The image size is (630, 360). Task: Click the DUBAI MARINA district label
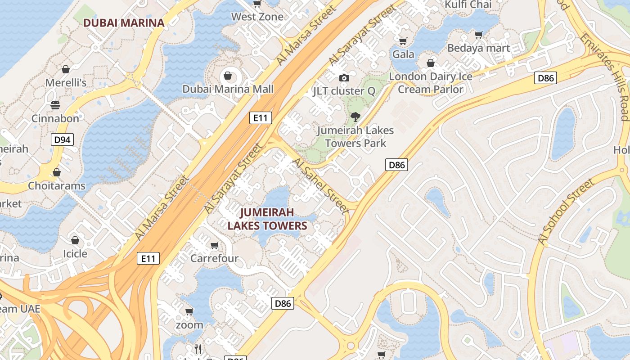[x=124, y=22]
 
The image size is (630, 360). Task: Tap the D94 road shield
[x=62, y=139]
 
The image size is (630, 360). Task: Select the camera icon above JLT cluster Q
[x=344, y=78]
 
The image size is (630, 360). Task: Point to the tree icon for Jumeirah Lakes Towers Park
[x=355, y=117]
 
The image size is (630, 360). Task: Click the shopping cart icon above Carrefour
[x=215, y=246]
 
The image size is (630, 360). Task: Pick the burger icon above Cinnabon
[x=55, y=105]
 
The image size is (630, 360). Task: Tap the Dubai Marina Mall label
[x=228, y=89]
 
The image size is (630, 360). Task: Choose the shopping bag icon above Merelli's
[x=66, y=69]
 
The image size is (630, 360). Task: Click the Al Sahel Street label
[x=320, y=185]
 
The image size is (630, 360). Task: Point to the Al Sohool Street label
[x=566, y=211]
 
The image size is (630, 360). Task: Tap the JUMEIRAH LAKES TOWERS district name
[x=267, y=219]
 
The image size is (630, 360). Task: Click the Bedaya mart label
[x=478, y=48]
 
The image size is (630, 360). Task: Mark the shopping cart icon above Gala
[x=403, y=41]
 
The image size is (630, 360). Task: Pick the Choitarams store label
[x=57, y=185]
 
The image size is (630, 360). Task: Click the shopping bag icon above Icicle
[x=75, y=240]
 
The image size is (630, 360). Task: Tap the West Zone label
[x=257, y=17]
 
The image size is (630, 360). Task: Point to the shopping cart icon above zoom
[x=189, y=311]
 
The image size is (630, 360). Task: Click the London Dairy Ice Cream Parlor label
[x=431, y=83]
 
